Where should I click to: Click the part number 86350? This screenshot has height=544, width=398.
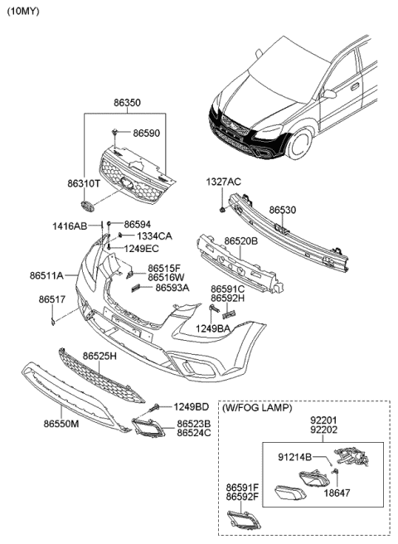point(127,103)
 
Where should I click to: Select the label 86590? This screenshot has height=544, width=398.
point(146,132)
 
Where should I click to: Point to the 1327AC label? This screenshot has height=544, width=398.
point(223,181)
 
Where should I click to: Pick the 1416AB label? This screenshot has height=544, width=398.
point(70,226)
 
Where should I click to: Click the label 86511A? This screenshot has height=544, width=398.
point(46,274)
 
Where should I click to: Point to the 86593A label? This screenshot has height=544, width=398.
point(172,288)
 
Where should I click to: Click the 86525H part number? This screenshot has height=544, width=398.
point(99,356)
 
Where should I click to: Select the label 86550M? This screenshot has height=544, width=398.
point(61,423)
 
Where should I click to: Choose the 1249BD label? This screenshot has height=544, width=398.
point(190,406)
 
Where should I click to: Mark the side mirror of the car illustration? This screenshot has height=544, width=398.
point(329,94)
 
